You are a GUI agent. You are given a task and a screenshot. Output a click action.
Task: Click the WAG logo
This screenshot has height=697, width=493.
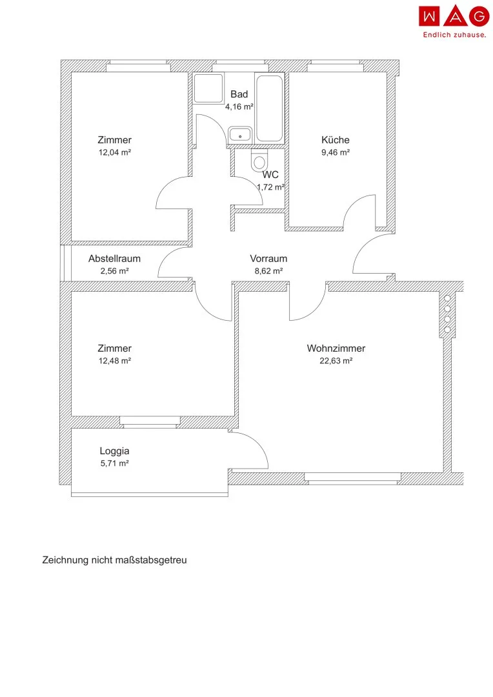454,16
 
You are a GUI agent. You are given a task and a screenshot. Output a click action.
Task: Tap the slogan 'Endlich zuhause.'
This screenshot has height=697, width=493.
454,35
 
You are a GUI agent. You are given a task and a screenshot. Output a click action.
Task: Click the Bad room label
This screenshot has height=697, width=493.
239,94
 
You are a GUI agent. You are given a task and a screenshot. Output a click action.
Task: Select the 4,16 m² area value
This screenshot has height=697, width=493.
239,106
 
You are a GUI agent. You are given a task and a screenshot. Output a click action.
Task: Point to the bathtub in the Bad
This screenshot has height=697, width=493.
270,108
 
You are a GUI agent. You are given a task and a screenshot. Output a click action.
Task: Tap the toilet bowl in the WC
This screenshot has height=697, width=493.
259,160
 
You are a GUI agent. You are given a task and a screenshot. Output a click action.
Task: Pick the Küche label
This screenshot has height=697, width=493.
335,140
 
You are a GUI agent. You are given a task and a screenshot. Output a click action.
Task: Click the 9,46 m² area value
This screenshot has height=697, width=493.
336,152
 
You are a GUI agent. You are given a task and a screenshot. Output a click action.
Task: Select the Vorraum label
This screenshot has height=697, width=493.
268,259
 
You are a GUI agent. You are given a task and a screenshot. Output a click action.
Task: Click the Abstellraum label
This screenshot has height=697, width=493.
114,259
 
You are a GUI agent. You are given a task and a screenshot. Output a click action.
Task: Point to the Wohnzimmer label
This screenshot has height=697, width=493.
336,348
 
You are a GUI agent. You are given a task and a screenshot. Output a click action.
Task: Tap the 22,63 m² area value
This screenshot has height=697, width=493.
336,361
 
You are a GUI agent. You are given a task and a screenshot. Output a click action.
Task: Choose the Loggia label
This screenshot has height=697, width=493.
114,451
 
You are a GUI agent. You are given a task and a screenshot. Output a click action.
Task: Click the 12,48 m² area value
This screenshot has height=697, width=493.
115,361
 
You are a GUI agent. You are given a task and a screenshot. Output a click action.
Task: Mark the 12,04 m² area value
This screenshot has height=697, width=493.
115,152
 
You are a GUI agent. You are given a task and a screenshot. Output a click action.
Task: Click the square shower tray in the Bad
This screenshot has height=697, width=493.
208,88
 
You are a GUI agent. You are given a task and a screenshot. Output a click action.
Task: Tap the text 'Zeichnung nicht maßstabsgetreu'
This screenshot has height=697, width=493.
115,560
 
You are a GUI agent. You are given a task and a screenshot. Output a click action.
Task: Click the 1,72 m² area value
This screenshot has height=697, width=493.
271,187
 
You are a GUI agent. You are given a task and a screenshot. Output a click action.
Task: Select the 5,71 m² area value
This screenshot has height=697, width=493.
115,463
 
